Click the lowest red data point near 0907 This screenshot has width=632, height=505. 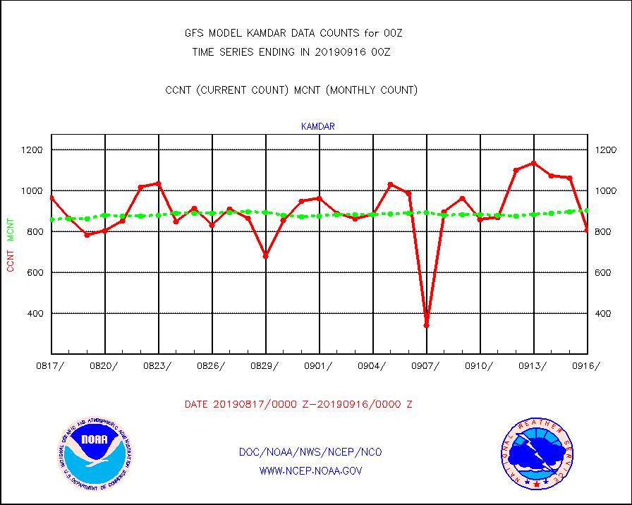[426, 325]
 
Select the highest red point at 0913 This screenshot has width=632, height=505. [533, 163]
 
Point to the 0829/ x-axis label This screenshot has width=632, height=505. [267, 365]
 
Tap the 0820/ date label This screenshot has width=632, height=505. [105, 365]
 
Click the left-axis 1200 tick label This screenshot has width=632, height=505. [32, 150]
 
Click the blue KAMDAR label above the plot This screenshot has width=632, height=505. [317, 127]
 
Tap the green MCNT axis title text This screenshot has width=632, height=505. [11, 229]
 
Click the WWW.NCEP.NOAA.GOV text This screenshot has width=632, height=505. [311, 470]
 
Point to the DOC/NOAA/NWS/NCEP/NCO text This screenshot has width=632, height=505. [310, 452]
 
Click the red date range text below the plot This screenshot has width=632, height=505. [298, 405]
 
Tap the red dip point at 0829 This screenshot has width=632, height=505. [266, 256]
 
